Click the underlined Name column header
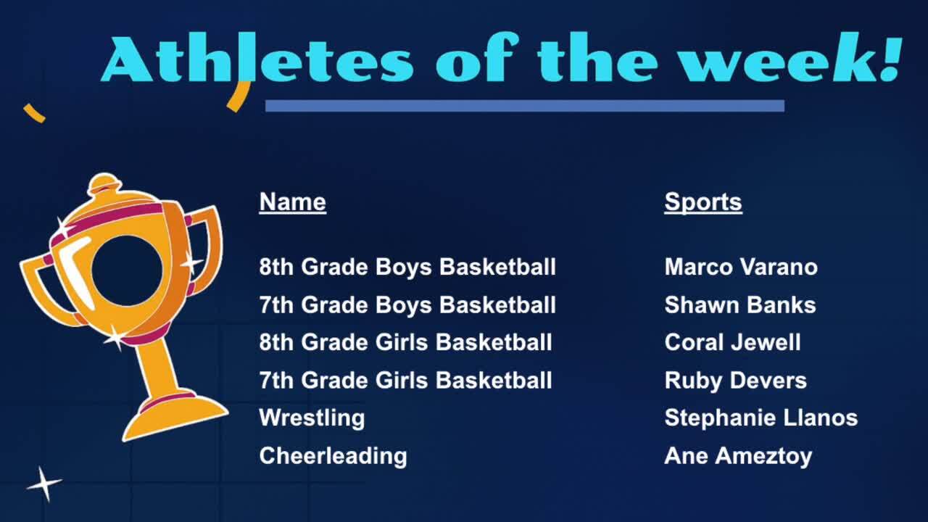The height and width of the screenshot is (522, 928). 292,202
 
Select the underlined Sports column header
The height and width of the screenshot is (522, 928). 703,202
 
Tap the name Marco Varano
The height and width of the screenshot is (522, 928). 741,267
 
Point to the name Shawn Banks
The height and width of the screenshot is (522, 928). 740,305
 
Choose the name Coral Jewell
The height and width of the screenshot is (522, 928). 732,343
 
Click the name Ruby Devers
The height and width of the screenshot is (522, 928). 735,381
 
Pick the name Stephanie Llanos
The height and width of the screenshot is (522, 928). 761,418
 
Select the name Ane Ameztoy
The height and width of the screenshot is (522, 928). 738,456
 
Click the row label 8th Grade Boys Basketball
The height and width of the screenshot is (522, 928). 407,267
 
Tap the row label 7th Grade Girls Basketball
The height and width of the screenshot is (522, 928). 405,381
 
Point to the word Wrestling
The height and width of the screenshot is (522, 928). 312,418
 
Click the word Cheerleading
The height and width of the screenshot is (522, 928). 333,456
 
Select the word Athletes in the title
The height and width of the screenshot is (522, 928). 257,58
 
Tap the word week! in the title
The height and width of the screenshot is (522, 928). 790,57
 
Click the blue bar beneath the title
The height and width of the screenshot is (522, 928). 525,106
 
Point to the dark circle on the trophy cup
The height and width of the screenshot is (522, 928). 127,271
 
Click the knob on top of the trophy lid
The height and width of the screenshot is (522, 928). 104,183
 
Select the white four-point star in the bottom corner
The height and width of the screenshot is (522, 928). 44,484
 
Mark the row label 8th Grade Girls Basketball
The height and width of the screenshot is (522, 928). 405,343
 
